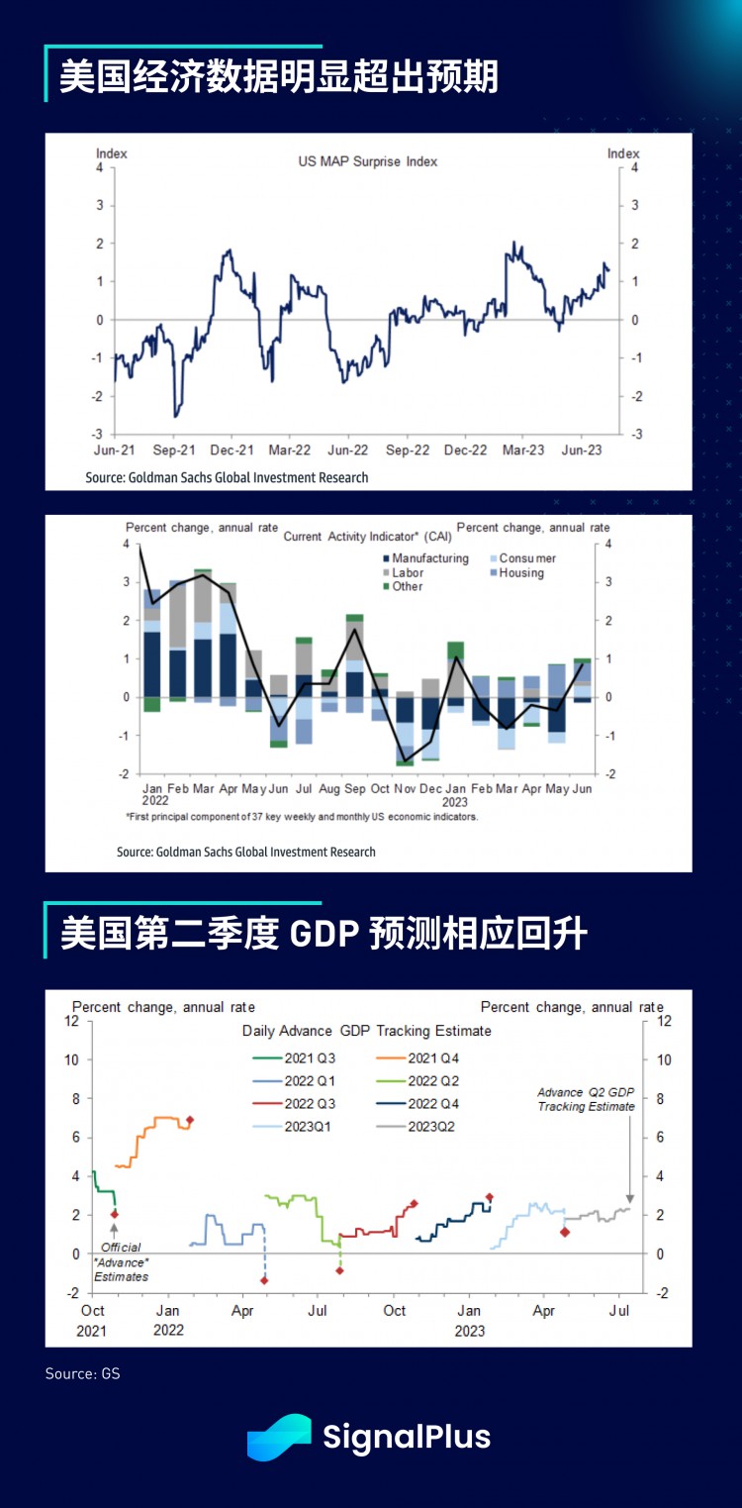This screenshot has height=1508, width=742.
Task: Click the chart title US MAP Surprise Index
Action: pos(367,160)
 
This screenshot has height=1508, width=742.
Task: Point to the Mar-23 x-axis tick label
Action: pos(523,450)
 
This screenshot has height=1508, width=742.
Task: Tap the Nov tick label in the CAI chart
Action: pos(404,789)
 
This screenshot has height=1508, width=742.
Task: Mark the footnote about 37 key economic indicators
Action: pos(302,817)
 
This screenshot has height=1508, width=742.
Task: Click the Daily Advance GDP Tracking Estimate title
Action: pos(366,1031)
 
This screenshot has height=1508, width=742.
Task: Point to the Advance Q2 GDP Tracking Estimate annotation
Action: pos(586,1099)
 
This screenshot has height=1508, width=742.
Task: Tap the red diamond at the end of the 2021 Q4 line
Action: pos(190,1120)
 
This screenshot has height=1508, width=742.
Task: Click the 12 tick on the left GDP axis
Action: pos(70,1021)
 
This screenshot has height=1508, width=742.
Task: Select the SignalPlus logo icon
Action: pos(279,1437)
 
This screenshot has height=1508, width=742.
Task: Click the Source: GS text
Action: pos(82,1374)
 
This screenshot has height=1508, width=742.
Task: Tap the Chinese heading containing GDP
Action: pos(324,935)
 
